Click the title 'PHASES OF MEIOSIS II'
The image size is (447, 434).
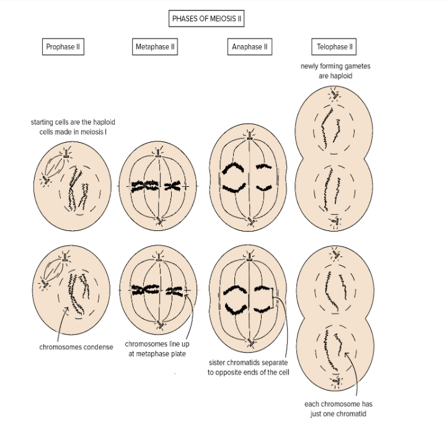pyautogui.click(x=207, y=19)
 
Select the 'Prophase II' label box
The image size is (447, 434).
pyautogui.click(x=64, y=47)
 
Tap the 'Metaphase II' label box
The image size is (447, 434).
pyautogui.click(x=156, y=47)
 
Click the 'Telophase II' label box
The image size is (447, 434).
pyautogui.click(x=335, y=47)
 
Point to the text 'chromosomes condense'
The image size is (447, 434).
pyautogui.click(x=77, y=347)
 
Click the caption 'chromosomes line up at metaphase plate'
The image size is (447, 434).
pyautogui.click(x=154, y=348)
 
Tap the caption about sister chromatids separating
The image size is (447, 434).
pyautogui.click(x=248, y=367)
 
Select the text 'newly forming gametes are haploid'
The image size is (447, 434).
pyautogui.click(x=335, y=71)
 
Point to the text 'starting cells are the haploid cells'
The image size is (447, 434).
pyautogui.click(x=73, y=127)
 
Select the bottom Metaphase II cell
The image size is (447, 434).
pyautogui.click(x=159, y=289)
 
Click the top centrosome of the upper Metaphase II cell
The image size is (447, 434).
pyautogui.click(x=159, y=151)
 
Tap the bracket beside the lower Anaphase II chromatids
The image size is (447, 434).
pyautogui.click(x=274, y=299)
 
